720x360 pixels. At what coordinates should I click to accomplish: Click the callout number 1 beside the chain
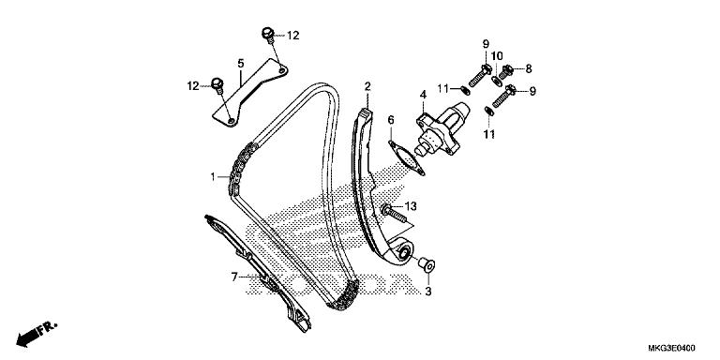click(x=213, y=176)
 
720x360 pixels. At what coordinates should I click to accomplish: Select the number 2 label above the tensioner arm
click(x=367, y=86)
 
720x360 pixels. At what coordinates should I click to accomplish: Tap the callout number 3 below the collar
click(x=427, y=292)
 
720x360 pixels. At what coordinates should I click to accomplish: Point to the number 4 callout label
click(x=423, y=95)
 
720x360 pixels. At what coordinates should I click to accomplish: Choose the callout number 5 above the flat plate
click(x=241, y=64)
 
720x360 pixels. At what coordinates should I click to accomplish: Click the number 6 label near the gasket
click(x=391, y=120)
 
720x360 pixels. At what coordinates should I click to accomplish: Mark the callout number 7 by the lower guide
click(x=234, y=277)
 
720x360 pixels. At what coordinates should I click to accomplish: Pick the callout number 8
click(x=529, y=68)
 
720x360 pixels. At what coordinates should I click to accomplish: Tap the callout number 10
click(x=497, y=56)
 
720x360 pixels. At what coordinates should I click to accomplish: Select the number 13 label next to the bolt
click(x=411, y=206)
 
